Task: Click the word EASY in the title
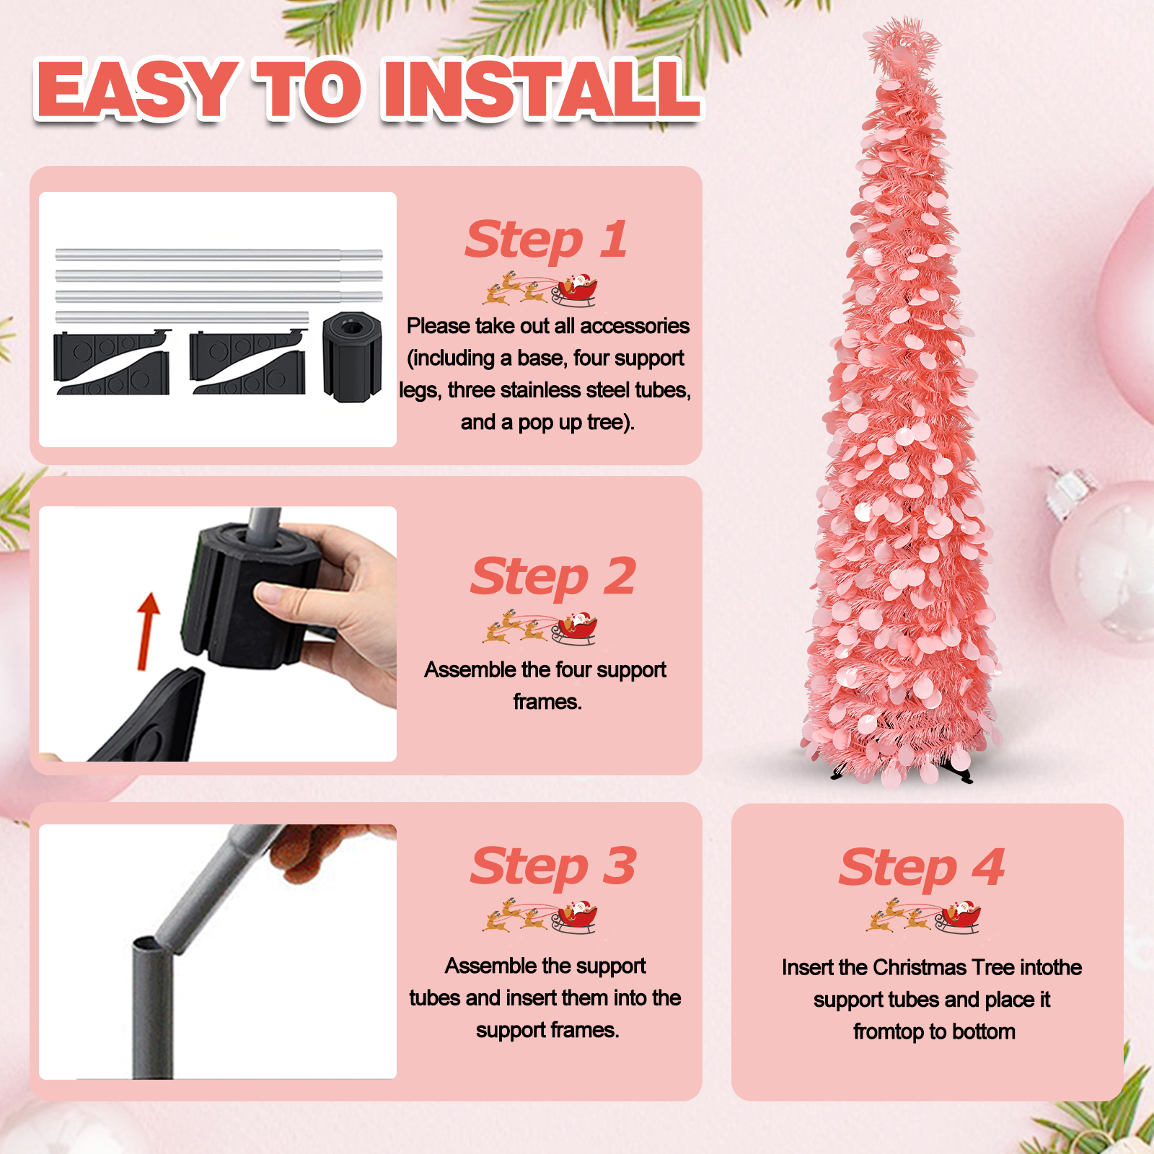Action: pyautogui.click(x=137, y=89)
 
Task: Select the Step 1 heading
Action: pyautogui.click(x=546, y=239)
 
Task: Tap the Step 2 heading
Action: pyautogui.click(x=552, y=577)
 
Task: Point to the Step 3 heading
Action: pyautogui.click(x=552, y=865)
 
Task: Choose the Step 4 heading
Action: pyautogui.click(x=921, y=867)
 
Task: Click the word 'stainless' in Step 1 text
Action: pyautogui.click(x=540, y=390)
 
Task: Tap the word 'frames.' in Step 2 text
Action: pyautogui.click(x=547, y=701)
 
